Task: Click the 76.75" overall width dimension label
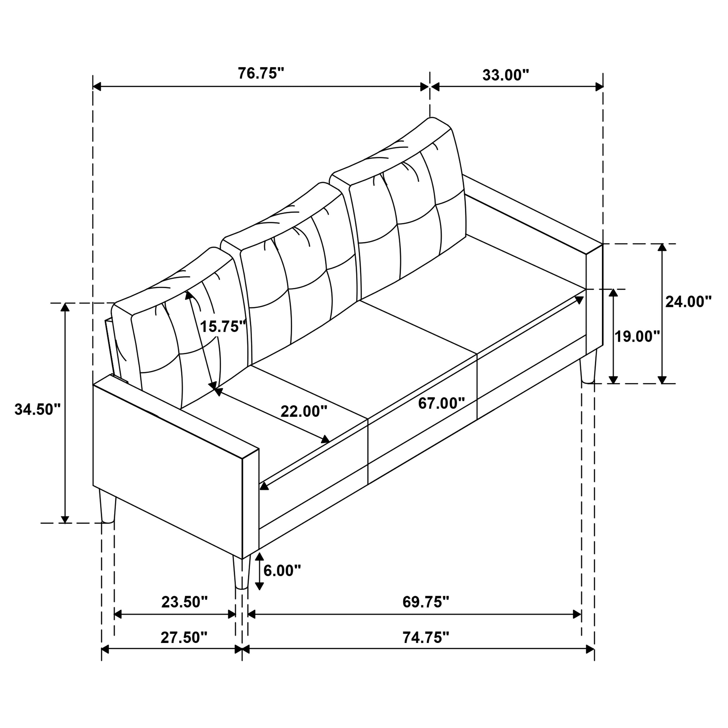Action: [260, 73]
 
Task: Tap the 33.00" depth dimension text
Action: [506, 75]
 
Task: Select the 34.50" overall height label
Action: [37, 409]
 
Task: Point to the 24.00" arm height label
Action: [688, 302]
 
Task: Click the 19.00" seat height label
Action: [637, 337]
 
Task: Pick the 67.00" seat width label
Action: [441, 404]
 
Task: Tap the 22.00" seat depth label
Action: [304, 411]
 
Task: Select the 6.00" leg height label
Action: [282, 571]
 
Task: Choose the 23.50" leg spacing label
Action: [184, 602]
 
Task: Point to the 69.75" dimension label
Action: [426, 602]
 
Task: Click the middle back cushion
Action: [298, 279]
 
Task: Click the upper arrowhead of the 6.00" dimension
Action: [259, 556]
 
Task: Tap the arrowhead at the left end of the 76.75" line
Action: [97, 87]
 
